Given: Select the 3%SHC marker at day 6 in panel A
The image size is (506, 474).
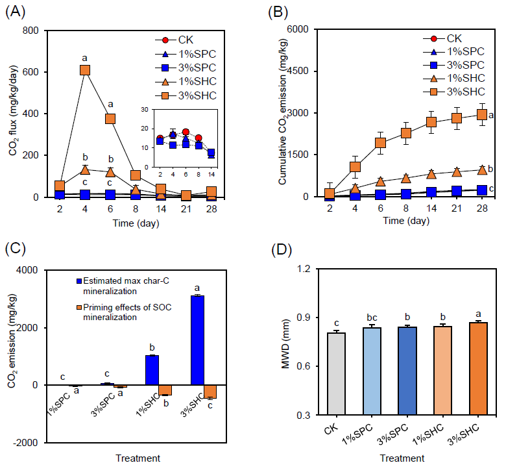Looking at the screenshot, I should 110,119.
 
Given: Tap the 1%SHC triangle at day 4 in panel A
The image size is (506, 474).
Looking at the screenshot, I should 84,170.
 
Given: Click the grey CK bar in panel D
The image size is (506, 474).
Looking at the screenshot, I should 336,373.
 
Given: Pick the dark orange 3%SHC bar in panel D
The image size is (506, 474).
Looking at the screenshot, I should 477,368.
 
